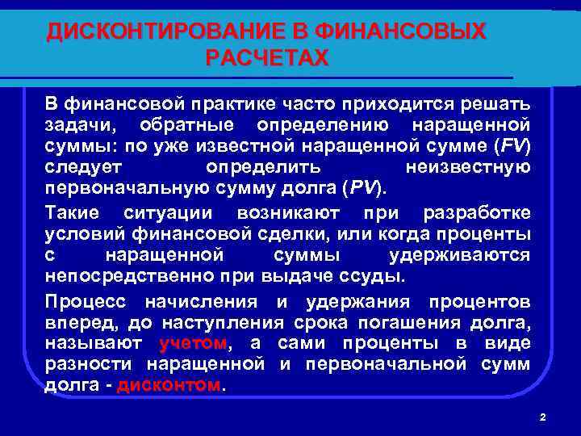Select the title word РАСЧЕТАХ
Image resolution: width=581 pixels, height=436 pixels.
267,58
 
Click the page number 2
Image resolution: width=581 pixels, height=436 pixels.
542,417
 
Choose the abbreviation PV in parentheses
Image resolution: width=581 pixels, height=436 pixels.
362,189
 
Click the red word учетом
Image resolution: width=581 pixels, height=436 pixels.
194,344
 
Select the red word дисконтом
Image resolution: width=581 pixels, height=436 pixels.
169,385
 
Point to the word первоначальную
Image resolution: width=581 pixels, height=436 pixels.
115,189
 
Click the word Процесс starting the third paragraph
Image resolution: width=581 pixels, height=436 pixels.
86,302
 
